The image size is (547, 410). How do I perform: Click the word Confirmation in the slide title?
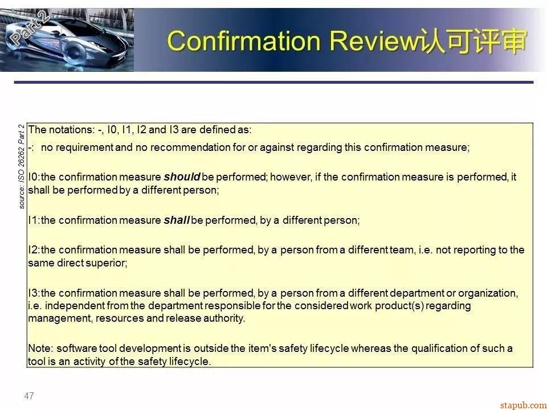coord(244,41)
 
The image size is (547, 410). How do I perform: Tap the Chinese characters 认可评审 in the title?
coord(473,41)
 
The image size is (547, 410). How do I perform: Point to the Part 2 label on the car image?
coord(30,27)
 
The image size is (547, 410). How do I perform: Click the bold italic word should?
coord(182,177)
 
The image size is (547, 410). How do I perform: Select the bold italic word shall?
coord(177,220)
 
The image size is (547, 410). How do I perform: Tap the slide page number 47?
coord(29,396)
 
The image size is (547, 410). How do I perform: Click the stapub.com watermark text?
coord(523,405)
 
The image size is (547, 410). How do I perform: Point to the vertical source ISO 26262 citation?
coord(22,167)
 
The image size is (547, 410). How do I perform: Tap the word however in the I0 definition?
coord(291,177)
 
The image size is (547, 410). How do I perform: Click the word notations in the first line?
coord(72,130)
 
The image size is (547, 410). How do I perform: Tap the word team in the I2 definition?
coord(402,250)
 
